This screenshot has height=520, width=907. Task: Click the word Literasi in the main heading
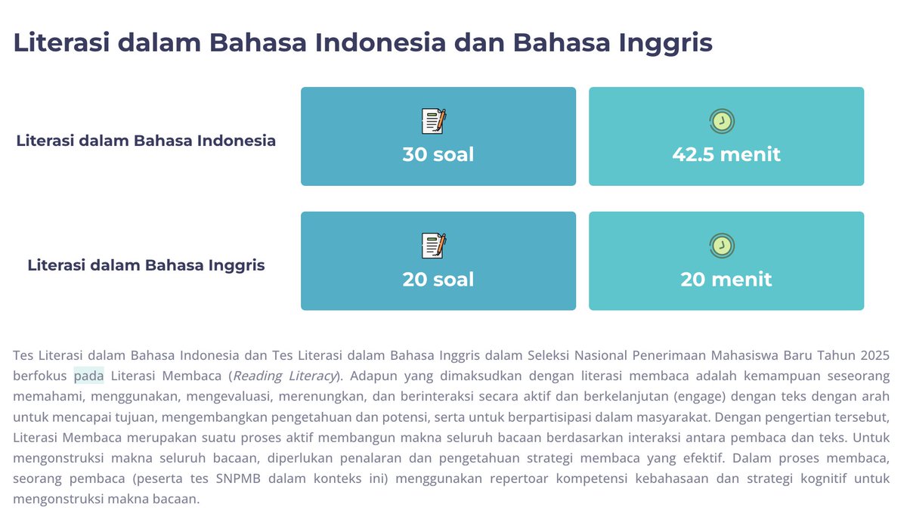pos(61,42)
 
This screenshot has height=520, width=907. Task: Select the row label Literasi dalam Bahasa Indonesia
pos(146,141)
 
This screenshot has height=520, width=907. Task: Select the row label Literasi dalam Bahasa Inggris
pos(146,265)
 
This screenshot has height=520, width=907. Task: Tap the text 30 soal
pos(438,155)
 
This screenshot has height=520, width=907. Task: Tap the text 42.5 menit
pos(726,155)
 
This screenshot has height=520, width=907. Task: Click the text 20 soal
pos(438,280)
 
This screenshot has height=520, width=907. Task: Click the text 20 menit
pos(726,280)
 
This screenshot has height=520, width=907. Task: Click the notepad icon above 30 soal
pos(434,121)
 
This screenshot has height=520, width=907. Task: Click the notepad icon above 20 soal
pos(434,246)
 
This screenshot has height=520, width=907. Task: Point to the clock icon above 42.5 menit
pos(722,121)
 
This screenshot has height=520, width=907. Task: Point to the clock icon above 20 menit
pos(722,246)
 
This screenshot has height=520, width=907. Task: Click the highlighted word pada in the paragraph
pos(88,376)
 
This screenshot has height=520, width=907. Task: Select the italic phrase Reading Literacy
pos(284,376)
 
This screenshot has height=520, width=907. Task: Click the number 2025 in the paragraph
pos(875,354)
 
